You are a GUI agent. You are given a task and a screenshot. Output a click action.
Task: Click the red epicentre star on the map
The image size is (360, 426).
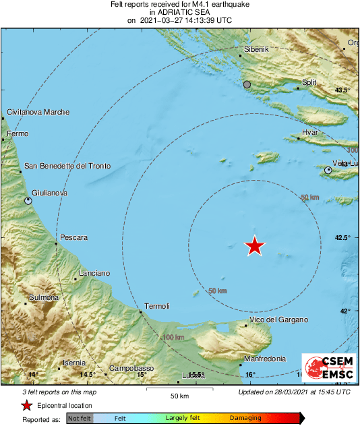(254, 246)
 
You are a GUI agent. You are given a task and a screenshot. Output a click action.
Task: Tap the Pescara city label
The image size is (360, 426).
(74, 237)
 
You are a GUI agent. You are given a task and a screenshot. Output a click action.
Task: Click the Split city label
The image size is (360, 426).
(309, 82)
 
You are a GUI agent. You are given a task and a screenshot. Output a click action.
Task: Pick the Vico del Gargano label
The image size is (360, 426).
(278, 319)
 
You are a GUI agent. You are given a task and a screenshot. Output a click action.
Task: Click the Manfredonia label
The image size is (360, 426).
(264, 359)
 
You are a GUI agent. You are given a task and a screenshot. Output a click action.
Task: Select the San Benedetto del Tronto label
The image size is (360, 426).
(66, 166)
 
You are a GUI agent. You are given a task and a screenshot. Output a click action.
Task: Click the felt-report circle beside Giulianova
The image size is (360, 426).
(28, 201)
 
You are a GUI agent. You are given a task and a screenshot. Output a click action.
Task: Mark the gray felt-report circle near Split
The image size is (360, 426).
(247, 85)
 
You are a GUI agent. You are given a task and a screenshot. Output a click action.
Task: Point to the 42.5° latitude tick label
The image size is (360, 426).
(344, 238)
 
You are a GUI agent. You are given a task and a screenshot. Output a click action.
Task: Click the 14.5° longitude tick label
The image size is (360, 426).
(87, 375)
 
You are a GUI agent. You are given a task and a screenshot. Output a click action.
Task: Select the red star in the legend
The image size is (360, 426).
(26, 405)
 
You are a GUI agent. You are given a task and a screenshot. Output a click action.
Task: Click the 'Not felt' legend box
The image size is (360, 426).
(80, 419)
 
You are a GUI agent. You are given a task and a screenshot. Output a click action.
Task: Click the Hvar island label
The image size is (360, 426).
(310, 133)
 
